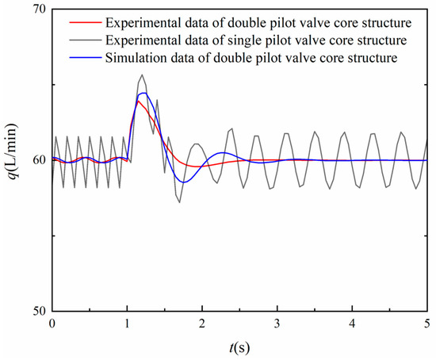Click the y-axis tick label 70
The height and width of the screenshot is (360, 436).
tap(36, 10)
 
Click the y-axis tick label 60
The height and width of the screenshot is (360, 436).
tap(36, 160)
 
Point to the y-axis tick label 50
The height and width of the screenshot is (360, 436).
tap(36, 310)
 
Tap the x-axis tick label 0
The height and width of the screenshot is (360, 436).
tap(52, 324)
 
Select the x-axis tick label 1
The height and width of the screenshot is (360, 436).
tap(128, 324)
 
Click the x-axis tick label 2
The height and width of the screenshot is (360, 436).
tap(202, 324)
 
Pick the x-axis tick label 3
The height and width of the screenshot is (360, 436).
tap(277, 324)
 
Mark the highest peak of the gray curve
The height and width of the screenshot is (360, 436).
tap(142, 75)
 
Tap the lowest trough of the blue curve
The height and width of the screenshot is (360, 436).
tap(183, 182)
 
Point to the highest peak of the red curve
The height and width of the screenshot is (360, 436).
tap(138, 101)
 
